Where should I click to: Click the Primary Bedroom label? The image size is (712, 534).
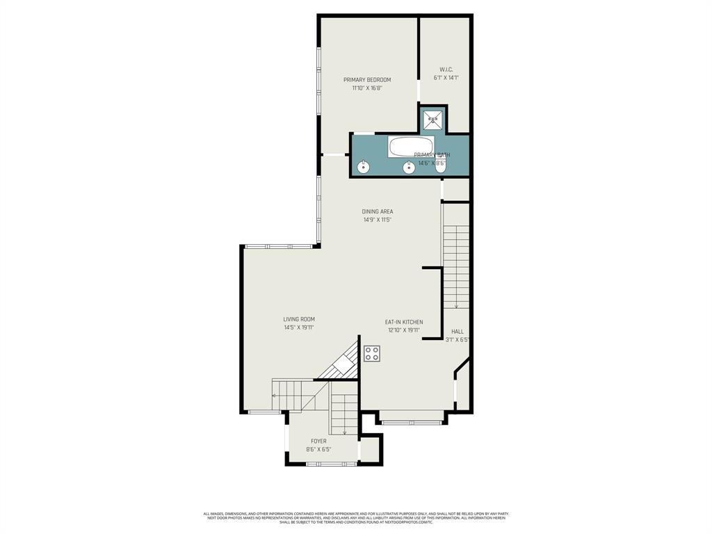[x=367, y=80]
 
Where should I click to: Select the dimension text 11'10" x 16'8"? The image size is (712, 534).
[x=367, y=88]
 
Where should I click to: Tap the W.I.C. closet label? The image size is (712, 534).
[x=446, y=70]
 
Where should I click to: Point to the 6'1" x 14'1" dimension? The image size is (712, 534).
[x=446, y=78]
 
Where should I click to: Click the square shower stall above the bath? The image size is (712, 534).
[x=432, y=120]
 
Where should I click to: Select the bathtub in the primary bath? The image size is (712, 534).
[x=410, y=146]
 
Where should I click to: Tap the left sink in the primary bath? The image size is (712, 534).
[x=363, y=166]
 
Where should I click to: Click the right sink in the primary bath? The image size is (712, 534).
[x=409, y=166]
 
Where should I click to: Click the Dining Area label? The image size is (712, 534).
[x=378, y=212]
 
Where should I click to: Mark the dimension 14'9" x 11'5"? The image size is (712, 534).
[x=378, y=220]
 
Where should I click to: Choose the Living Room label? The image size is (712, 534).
[x=299, y=320]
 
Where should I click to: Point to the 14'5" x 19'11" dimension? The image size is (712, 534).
[x=299, y=328]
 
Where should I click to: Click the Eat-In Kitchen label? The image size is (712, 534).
[x=404, y=323]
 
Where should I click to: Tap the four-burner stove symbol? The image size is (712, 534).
[x=372, y=353]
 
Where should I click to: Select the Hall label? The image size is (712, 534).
[x=457, y=332]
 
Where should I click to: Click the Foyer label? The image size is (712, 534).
[x=318, y=442]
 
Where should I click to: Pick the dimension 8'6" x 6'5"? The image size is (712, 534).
[x=318, y=450]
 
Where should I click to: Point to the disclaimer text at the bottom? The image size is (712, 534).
[x=355, y=518]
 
